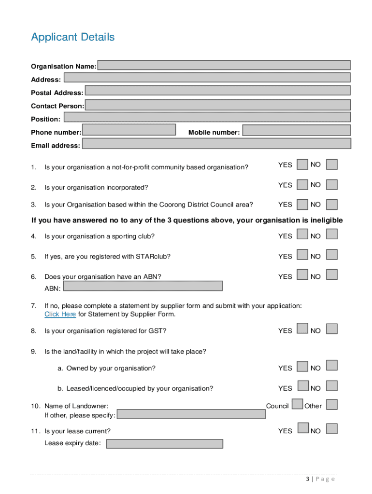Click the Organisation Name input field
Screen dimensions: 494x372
(x=224, y=65)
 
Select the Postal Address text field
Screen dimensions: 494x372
(x=217, y=90)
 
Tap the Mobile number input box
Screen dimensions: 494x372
(x=296, y=130)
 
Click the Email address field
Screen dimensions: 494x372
(x=216, y=143)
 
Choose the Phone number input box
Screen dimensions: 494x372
(x=129, y=130)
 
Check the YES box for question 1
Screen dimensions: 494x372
(x=302, y=165)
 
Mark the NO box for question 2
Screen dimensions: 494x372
(x=331, y=185)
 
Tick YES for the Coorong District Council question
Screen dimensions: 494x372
(x=302, y=205)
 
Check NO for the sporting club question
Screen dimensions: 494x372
(x=331, y=234)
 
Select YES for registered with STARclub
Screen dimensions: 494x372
(x=302, y=255)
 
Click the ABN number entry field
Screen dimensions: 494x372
(x=143, y=286)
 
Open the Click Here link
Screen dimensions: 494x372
(x=60, y=314)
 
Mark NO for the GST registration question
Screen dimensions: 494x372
(x=331, y=329)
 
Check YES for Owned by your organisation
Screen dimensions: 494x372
(x=302, y=367)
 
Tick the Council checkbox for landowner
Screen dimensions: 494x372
(x=298, y=404)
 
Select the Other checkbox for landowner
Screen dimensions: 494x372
(x=331, y=404)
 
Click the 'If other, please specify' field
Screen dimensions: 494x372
(x=191, y=414)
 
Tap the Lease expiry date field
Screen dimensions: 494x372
(x=164, y=444)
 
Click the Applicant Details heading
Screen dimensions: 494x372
(x=73, y=37)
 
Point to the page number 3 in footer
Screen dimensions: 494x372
(x=308, y=479)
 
